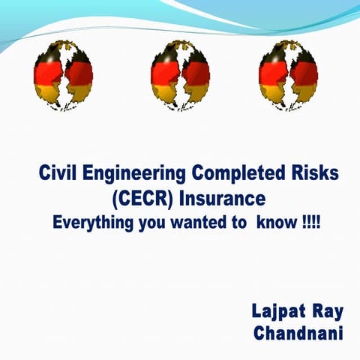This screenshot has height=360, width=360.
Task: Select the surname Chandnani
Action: click(x=301, y=332)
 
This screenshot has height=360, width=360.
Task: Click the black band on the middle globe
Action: click(x=180, y=54)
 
